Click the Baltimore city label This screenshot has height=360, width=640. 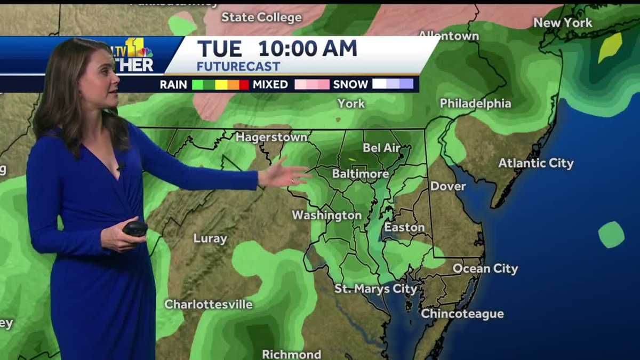[x=361, y=174]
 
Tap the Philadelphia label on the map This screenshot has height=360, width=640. [x=475, y=103]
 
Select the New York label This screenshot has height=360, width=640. [x=563, y=23]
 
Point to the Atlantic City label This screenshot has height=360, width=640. [x=536, y=163]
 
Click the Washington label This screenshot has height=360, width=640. [x=326, y=215]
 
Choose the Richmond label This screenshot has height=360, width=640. [x=291, y=354]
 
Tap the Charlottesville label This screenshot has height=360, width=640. [x=209, y=305]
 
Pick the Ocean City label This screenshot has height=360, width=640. [x=485, y=269]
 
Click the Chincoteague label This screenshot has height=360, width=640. [x=462, y=314]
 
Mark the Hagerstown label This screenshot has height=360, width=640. [x=271, y=137]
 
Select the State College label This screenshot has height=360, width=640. [x=261, y=18]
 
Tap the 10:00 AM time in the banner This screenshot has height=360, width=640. [x=308, y=49]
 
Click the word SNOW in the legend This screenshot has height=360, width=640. [x=350, y=84]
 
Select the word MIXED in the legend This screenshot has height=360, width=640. [x=270, y=84]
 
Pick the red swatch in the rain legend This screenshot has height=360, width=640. [x=244, y=84]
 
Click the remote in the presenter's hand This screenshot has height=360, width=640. [x=135, y=229]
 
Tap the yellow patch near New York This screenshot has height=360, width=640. [x=610, y=47]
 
